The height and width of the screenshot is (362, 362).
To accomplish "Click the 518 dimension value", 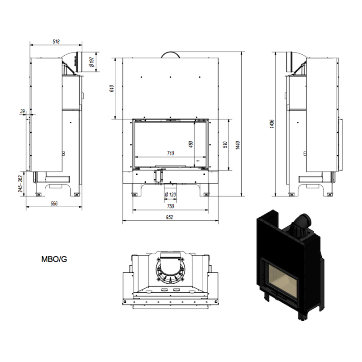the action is (56, 42).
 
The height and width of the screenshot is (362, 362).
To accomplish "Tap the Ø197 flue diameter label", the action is (92, 62).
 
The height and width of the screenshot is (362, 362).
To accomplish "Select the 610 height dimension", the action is (111, 88).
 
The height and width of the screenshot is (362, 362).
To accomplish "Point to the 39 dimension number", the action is (22, 111).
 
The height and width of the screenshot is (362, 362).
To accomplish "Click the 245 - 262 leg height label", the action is (20, 184).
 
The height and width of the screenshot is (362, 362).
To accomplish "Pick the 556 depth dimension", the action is (54, 203).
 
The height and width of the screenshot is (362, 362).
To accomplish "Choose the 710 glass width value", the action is (171, 153).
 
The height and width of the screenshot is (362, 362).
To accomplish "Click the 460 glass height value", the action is (191, 144).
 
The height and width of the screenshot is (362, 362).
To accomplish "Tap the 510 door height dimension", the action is (225, 144).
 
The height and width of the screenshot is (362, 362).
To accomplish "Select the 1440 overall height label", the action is (238, 145).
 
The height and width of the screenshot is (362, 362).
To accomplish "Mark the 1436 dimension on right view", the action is (272, 124).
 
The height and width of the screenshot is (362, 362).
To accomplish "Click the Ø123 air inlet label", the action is (170, 195).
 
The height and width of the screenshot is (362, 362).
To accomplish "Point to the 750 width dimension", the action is (171, 206).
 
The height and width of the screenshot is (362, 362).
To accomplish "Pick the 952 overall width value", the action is (169, 217).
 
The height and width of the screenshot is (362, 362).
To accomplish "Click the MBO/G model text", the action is (54, 259).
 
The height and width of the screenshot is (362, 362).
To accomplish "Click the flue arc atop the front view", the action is (171, 55).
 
